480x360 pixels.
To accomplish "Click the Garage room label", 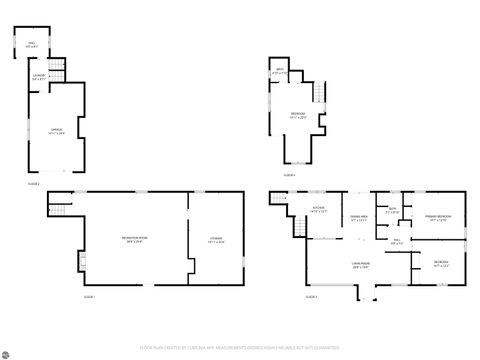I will [43, 130].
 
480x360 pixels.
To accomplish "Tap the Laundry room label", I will [39, 78].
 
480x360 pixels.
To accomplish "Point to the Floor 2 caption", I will [33, 184].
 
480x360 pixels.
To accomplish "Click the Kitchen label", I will [318, 211].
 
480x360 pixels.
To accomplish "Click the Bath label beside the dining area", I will [394, 211].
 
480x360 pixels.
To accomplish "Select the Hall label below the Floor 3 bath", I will [398, 242].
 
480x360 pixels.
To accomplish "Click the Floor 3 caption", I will [314, 297].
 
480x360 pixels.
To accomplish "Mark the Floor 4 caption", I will [289, 175].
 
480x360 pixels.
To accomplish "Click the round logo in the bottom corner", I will [8, 352].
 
